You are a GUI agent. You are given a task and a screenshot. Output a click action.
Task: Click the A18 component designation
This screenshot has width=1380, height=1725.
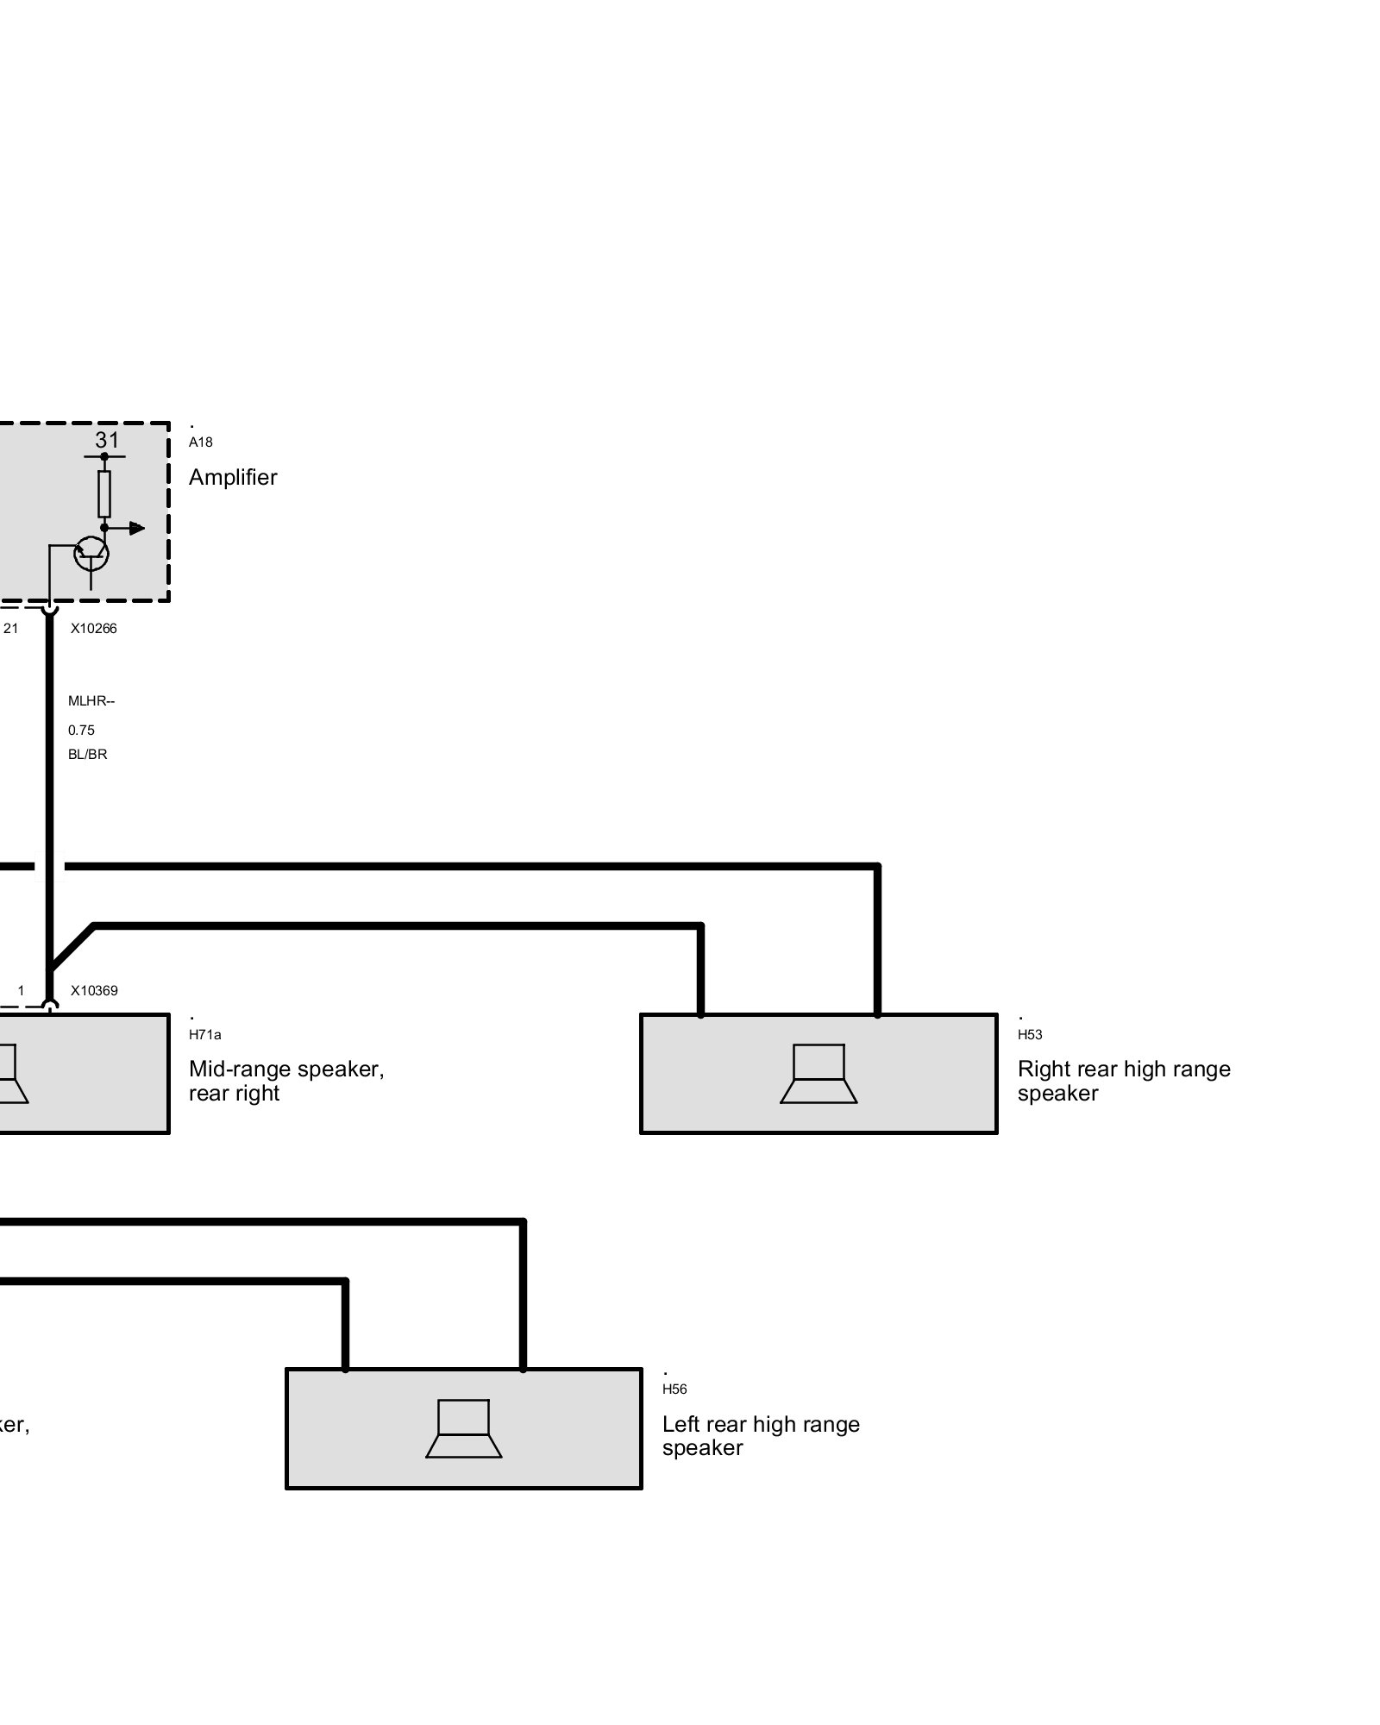(200, 442)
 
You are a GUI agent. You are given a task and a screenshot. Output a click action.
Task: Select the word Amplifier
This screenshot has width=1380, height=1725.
(233, 477)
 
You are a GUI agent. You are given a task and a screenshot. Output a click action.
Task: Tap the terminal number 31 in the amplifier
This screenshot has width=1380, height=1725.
(107, 440)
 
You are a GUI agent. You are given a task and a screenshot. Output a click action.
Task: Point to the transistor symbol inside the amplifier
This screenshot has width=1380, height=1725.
(91, 554)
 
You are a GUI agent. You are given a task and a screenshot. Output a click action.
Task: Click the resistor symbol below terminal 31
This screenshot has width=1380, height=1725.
(104, 493)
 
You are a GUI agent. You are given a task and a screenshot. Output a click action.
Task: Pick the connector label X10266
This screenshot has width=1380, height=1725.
(93, 629)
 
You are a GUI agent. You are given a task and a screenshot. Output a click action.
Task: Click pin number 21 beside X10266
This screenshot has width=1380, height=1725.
(11, 629)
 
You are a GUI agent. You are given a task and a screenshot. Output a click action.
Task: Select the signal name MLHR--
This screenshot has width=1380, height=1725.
(91, 701)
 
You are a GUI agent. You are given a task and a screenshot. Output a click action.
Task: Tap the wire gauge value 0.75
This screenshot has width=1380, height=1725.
(81, 731)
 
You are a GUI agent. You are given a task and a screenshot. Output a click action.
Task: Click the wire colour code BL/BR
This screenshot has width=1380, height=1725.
(87, 755)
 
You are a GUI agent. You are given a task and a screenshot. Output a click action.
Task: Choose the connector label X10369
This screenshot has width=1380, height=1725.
(94, 991)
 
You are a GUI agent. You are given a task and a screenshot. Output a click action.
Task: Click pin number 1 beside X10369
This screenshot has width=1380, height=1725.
(22, 991)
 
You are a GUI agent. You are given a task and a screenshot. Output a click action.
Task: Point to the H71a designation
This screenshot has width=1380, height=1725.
(204, 1035)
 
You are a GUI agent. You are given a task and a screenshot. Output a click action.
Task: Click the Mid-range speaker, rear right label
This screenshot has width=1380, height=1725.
(285, 1081)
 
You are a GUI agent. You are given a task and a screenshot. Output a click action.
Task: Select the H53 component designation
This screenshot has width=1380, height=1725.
(1030, 1035)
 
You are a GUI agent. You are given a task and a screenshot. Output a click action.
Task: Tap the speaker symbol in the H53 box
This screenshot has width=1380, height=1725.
(819, 1074)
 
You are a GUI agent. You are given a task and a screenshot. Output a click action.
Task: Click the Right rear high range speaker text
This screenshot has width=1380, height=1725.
(1123, 1081)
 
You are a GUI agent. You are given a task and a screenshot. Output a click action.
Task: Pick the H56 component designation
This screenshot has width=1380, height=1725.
(674, 1389)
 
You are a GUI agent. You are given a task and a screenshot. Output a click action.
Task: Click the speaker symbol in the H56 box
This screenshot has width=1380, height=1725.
(464, 1429)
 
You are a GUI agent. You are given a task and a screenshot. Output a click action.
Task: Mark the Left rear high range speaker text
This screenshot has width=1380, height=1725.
(760, 1435)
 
